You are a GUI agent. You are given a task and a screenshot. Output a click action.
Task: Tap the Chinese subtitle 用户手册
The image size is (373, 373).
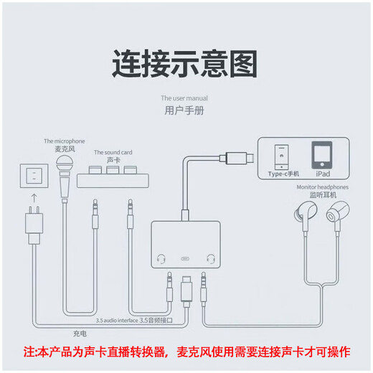(x=184, y=110)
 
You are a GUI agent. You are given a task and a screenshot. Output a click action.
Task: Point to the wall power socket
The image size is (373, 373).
(x=32, y=176)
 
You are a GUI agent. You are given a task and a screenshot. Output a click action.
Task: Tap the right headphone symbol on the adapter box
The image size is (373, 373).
(x=210, y=258)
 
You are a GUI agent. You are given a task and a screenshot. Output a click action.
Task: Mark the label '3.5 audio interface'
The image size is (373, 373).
(x=117, y=319)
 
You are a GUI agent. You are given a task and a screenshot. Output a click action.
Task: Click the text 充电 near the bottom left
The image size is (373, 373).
(x=79, y=332)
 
